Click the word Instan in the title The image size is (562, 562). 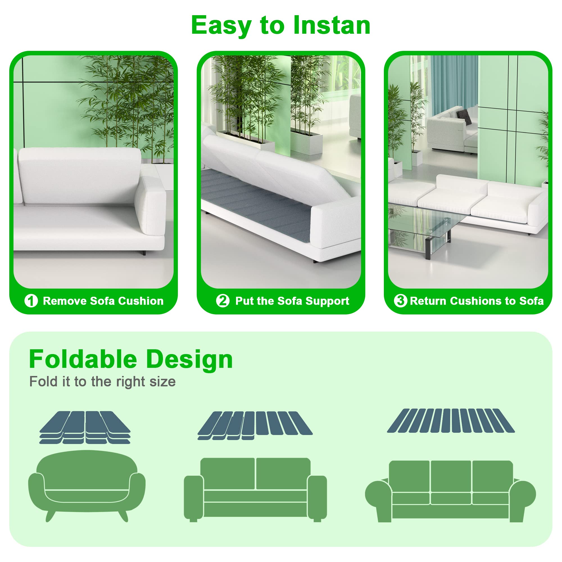[332, 26]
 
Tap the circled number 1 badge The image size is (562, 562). [31, 301]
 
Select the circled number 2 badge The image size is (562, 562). [223, 300]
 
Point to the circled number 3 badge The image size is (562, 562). [400, 300]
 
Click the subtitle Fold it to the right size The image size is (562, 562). [102, 382]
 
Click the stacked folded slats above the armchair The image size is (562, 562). [85, 427]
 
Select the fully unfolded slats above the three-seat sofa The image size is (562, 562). [451, 421]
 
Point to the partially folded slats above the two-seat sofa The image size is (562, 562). [255, 425]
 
